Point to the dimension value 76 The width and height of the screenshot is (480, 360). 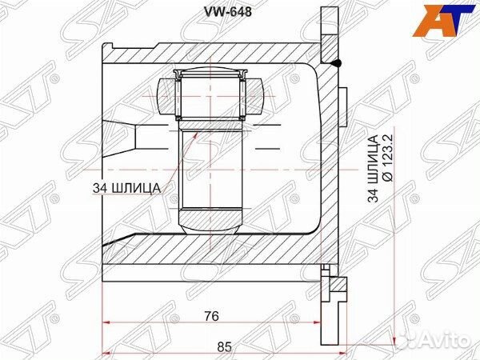[x=210, y=316]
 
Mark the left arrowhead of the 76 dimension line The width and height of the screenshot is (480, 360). [x=109, y=324]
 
